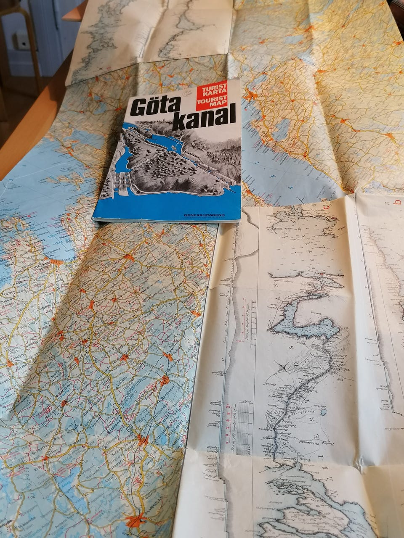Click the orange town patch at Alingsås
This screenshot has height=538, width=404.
coord(136,521)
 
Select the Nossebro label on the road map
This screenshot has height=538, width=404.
coord(52,414)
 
